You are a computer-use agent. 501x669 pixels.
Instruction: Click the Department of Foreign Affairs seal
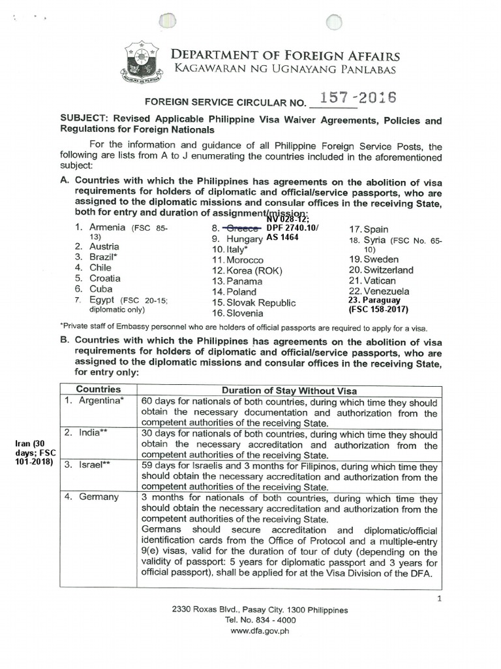(x=142, y=63)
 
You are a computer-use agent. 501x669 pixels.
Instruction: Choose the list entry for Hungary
(x=243, y=239)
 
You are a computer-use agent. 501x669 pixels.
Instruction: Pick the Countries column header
(x=99, y=389)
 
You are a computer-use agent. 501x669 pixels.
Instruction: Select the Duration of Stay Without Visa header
(x=289, y=391)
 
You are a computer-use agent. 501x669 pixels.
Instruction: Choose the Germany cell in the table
(x=98, y=497)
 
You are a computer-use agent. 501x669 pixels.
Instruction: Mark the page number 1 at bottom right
(x=439, y=598)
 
